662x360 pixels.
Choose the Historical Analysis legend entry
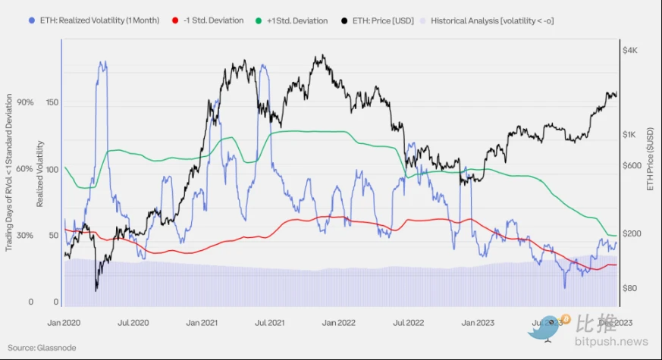tap(492, 20)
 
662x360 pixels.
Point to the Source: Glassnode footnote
tap(43, 348)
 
